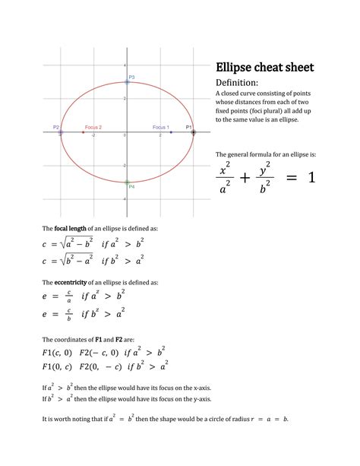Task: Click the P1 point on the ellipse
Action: point(193,132)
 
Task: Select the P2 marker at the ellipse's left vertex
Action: point(61,132)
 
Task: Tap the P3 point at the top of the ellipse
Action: point(127,81)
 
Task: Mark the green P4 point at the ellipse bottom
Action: point(127,182)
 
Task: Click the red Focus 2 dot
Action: point(84,132)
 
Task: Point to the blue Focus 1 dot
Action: point(171,132)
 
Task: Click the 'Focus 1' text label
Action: point(161,127)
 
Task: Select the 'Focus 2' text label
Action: point(93,127)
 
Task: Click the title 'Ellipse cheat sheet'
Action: point(264,67)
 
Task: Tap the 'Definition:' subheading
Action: point(238,82)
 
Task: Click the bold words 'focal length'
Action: point(71,228)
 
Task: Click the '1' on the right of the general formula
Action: point(311,177)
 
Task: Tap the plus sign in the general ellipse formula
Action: point(245,177)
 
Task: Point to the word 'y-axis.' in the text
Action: point(200,398)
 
